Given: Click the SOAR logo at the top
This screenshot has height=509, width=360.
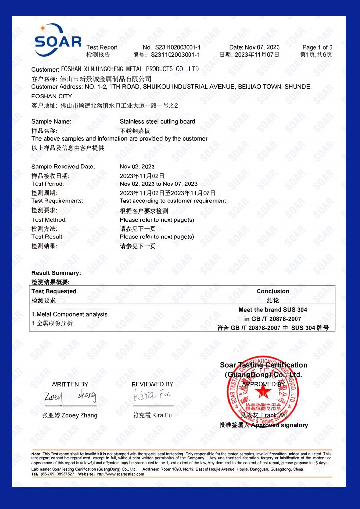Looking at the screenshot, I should tap(58, 40).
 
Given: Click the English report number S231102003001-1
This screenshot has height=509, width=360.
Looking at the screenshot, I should tap(178, 47).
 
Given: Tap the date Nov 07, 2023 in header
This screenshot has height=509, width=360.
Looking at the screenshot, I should tap(262, 47).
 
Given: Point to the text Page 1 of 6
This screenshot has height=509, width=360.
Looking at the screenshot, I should tap(317, 47).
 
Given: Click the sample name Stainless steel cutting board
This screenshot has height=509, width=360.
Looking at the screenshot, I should tap(157, 122).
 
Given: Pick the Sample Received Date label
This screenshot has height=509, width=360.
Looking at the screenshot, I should tap(63, 167).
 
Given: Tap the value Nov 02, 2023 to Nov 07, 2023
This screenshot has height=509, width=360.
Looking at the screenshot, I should tap(159, 184).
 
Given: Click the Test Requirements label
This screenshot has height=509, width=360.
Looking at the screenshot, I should tap(57, 201).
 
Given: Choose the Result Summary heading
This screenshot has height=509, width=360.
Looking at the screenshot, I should tap(56, 273).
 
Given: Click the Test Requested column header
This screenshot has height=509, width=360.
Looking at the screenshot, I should tap(54, 291).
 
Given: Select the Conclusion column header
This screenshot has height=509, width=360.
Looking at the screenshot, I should tap(273, 291).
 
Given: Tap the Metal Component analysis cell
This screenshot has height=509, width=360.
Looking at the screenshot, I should tap(69, 314).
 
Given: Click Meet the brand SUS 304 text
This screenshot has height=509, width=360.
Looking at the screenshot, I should tap(273, 310).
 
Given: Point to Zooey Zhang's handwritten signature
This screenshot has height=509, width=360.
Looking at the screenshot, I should tap(70, 396).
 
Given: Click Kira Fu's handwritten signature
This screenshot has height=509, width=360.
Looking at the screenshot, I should tap(152, 395).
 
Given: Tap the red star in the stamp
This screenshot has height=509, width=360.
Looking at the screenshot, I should tap(263, 391).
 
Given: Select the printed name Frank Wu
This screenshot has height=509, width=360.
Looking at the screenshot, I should tap(274, 415).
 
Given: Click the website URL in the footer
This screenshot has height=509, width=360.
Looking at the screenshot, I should tap(120, 474).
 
